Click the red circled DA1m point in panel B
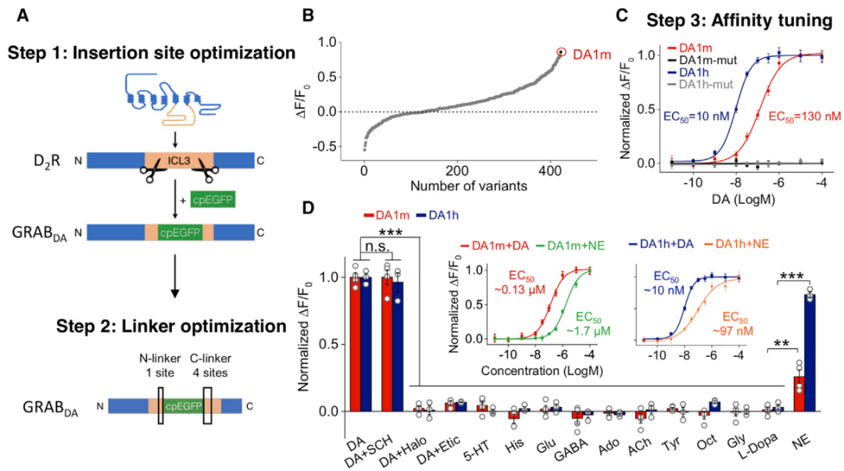[x=560, y=52]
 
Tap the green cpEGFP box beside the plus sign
[x=212, y=199]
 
